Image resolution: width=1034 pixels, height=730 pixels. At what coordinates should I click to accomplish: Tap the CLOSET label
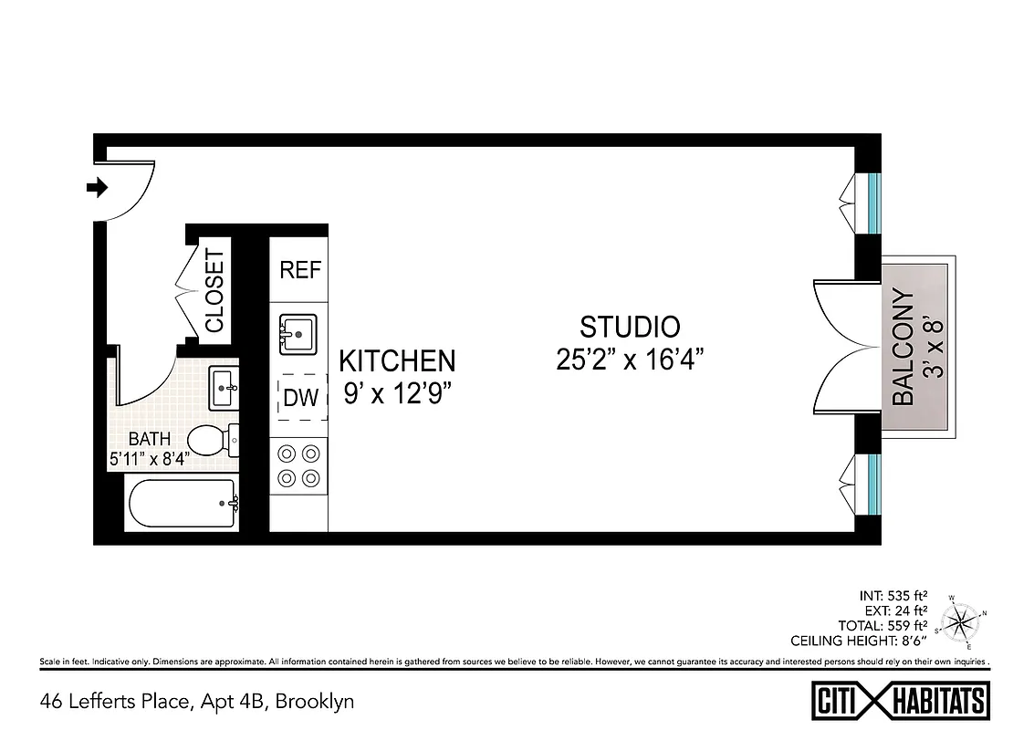click(x=214, y=290)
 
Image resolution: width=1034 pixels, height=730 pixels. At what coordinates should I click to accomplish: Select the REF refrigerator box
click(x=300, y=270)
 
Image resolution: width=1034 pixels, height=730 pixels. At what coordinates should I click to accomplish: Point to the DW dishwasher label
click(x=301, y=398)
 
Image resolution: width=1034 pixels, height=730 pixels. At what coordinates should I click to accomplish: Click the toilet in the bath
click(x=213, y=441)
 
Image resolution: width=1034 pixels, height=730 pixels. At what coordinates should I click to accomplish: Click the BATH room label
click(x=149, y=440)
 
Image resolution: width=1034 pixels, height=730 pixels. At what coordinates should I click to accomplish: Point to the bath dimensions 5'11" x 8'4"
click(x=149, y=460)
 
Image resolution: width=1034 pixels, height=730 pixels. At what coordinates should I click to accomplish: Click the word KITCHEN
click(x=396, y=361)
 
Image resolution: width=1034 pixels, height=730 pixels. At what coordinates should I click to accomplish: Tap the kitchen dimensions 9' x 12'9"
click(x=396, y=393)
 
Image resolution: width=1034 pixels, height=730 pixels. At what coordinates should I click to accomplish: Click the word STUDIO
click(x=630, y=327)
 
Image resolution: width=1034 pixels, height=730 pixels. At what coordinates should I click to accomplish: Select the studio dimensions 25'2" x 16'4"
click(x=630, y=360)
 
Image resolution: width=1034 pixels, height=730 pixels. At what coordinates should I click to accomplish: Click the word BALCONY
click(x=903, y=347)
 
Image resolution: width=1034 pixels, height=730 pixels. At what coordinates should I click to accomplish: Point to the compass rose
click(x=962, y=622)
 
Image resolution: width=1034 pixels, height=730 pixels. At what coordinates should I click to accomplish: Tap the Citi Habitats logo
click(x=900, y=701)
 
